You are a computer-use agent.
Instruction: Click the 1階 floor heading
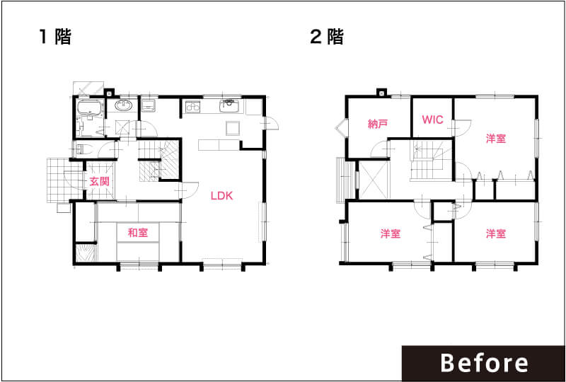point(55,37)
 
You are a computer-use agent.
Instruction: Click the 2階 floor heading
point(327,37)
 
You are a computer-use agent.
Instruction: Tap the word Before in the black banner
point(484,363)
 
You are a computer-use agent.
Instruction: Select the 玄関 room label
point(99,182)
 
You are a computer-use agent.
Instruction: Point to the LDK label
point(222,196)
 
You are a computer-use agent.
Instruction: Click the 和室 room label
point(138,233)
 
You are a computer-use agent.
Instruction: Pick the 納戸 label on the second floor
point(378,125)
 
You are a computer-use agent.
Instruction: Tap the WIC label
point(432,120)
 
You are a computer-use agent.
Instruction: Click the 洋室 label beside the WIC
point(496,138)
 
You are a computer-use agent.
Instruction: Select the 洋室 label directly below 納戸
point(391,233)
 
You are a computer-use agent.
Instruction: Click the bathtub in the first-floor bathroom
point(91,108)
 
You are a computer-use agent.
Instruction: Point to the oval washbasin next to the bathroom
point(124,106)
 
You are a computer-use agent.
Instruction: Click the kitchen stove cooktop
point(193,108)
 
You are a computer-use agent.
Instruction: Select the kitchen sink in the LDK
point(228,107)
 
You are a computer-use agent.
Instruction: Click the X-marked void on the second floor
point(374,180)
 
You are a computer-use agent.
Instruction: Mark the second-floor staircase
point(432,160)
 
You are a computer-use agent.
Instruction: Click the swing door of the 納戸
point(380,149)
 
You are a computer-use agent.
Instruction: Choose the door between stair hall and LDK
point(188,190)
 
